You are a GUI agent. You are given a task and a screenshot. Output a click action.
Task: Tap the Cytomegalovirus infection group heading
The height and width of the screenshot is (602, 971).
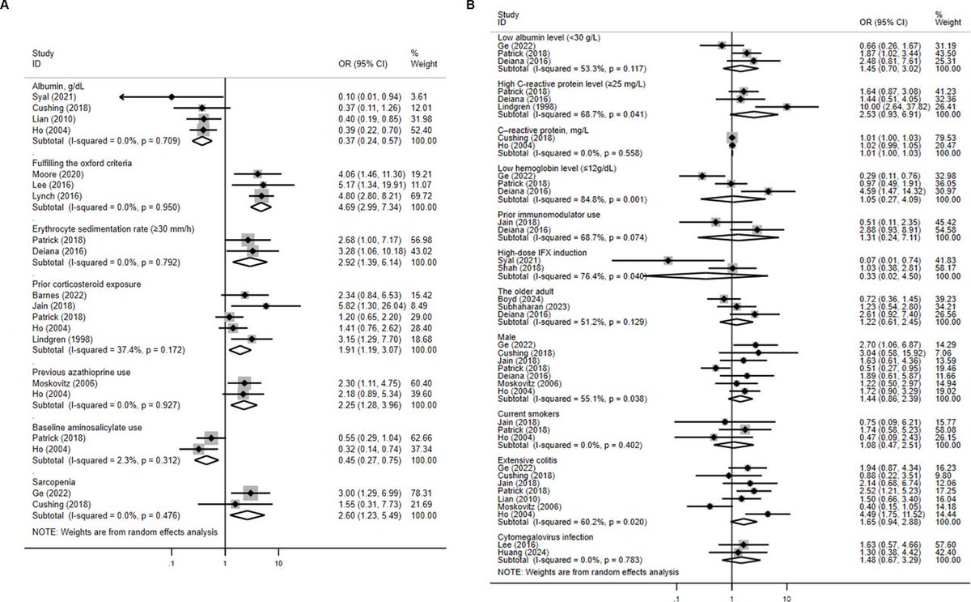[x=540, y=536]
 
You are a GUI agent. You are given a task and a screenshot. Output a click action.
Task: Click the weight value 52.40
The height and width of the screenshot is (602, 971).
[x=423, y=130]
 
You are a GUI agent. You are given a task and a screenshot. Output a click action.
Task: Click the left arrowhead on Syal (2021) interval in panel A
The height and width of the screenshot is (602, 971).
[x=121, y=96]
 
